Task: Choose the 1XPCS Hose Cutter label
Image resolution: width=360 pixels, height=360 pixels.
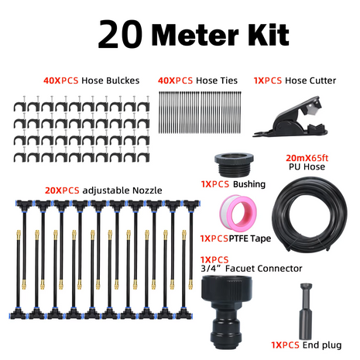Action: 290,80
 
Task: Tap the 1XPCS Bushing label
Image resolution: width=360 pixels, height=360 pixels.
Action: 233,184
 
